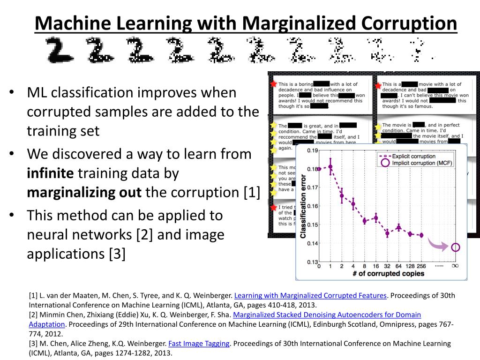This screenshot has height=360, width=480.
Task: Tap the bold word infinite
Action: pyautogui.click(x=50, y=173)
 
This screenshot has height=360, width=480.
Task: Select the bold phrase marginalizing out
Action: pyautogui.click(x=84, y=192)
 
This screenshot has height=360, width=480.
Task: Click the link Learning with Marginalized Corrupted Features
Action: pyautogui.click(x=310, y=295)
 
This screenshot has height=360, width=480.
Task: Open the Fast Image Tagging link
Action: pyautogui.click(x=199, y=343)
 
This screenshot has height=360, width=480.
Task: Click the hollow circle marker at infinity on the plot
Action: pyautogui.click(x=455, y=247)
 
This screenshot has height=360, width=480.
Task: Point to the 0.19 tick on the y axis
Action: pyautogui.click(x=312, y=150)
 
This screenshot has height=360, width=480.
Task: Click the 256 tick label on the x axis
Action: pyautogui.click(x=421, y=266)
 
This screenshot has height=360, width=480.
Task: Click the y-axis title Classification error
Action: pyautogui.click(x=303, y=207)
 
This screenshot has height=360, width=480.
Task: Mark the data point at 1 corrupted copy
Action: pyautogui.click(x=330, y=166)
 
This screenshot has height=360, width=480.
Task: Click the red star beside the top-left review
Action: pyautogui.click(x=273, y=84)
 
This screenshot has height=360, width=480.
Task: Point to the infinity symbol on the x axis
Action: pyautogui.click(x=455, y=266)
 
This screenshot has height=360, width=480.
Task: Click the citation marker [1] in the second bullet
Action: pyautogui.click(x=251, y=192)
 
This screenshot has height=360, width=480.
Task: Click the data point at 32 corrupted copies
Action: pyautogui.click(x=387, y=232)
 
